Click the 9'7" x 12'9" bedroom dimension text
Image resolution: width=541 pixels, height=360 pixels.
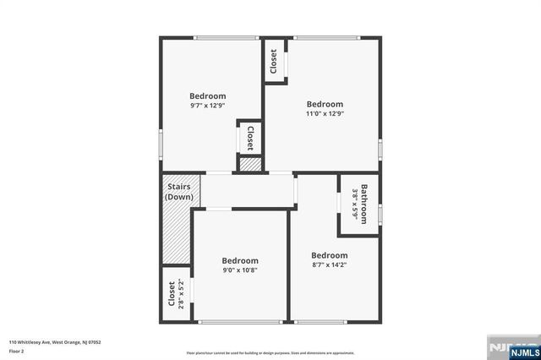[x=207, y=106]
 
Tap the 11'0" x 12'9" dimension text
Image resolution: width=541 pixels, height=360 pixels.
[x=325, y=114]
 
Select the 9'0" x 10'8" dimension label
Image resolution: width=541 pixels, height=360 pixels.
[x=240, y=270]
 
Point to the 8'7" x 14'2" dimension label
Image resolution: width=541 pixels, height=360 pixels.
[x=329, y=265]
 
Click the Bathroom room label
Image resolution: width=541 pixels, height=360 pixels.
[x=364, y=204]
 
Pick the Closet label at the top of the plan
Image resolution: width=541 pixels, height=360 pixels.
[x=274, y=62]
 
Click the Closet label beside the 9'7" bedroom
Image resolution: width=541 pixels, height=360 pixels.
[x=250, y=138]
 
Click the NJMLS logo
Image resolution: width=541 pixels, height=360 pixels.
[x=512, y=346]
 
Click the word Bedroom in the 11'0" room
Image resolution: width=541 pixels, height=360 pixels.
[x=325, y=105]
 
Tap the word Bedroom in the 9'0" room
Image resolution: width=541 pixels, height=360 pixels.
[x=240, y=261]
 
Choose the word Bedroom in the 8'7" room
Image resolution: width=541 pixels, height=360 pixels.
[x=329, y=256]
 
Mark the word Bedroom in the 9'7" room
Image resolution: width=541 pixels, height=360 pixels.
[x=207, y=96]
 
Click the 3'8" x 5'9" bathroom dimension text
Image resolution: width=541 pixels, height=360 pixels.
[x=355, y=204]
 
